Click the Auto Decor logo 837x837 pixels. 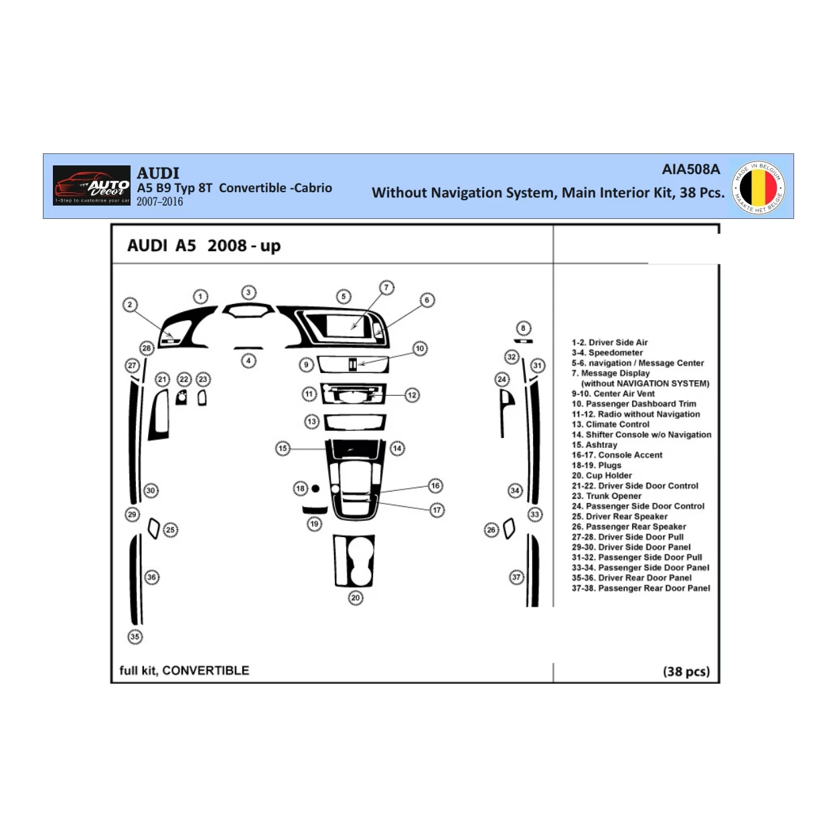click(x=92, y=185)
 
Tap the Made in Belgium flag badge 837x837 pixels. click(x=758, y=187)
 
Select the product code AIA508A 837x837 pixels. click(x=690, y=169)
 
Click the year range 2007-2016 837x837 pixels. click(x=159, y=202)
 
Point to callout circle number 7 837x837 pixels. click(x=386, y=288)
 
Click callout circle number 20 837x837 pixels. click(x=356, y=598)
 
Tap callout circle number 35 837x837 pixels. click(x=135, y=637)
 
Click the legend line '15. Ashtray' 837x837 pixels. click(x=594, y=445)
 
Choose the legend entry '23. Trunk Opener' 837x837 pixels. click(x=606, y=496)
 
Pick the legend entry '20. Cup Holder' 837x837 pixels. click(x=601, y=475)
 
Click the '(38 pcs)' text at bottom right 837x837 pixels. click(x=686, y=671)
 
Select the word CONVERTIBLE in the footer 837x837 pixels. click(x=206, y=670)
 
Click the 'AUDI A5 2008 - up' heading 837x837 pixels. click(x=204, y=246)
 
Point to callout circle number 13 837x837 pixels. click(x=311, y=422)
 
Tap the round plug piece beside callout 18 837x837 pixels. click(x=315, y=489)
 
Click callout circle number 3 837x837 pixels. click(x=248, y=293)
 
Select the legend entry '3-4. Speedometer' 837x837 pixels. click(x=607, y=353)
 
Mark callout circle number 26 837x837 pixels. click(x=491, y=530)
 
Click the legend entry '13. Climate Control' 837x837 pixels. click(x=610, y=425)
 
